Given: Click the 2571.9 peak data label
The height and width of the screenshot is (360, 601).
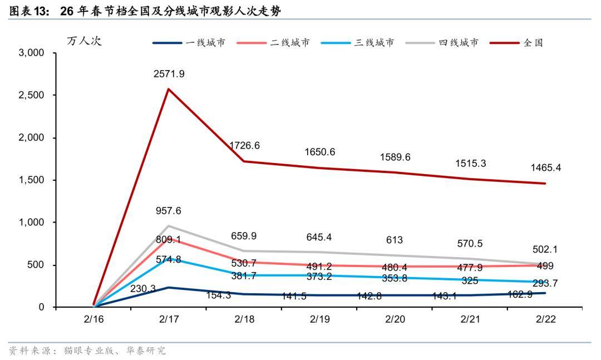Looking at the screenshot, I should tap(169, 73).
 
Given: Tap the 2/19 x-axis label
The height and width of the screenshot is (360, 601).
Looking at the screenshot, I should tap(319, 319).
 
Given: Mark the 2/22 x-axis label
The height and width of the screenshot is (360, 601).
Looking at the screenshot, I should tap(546, 319).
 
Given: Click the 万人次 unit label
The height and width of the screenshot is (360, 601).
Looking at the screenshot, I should tap(84, 41).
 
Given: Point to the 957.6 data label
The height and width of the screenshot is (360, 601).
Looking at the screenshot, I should tap(169, 211).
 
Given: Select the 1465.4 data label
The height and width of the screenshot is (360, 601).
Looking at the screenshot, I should tap(545, 167).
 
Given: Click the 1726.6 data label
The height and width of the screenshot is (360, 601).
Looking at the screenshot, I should tap(244, 145).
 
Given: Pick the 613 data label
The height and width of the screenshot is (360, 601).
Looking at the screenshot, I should tap(395, 240).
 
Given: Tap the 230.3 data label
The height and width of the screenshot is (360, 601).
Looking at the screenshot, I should tap(143, 289).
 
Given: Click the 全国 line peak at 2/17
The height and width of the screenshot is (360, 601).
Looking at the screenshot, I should tap(169, 89).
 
